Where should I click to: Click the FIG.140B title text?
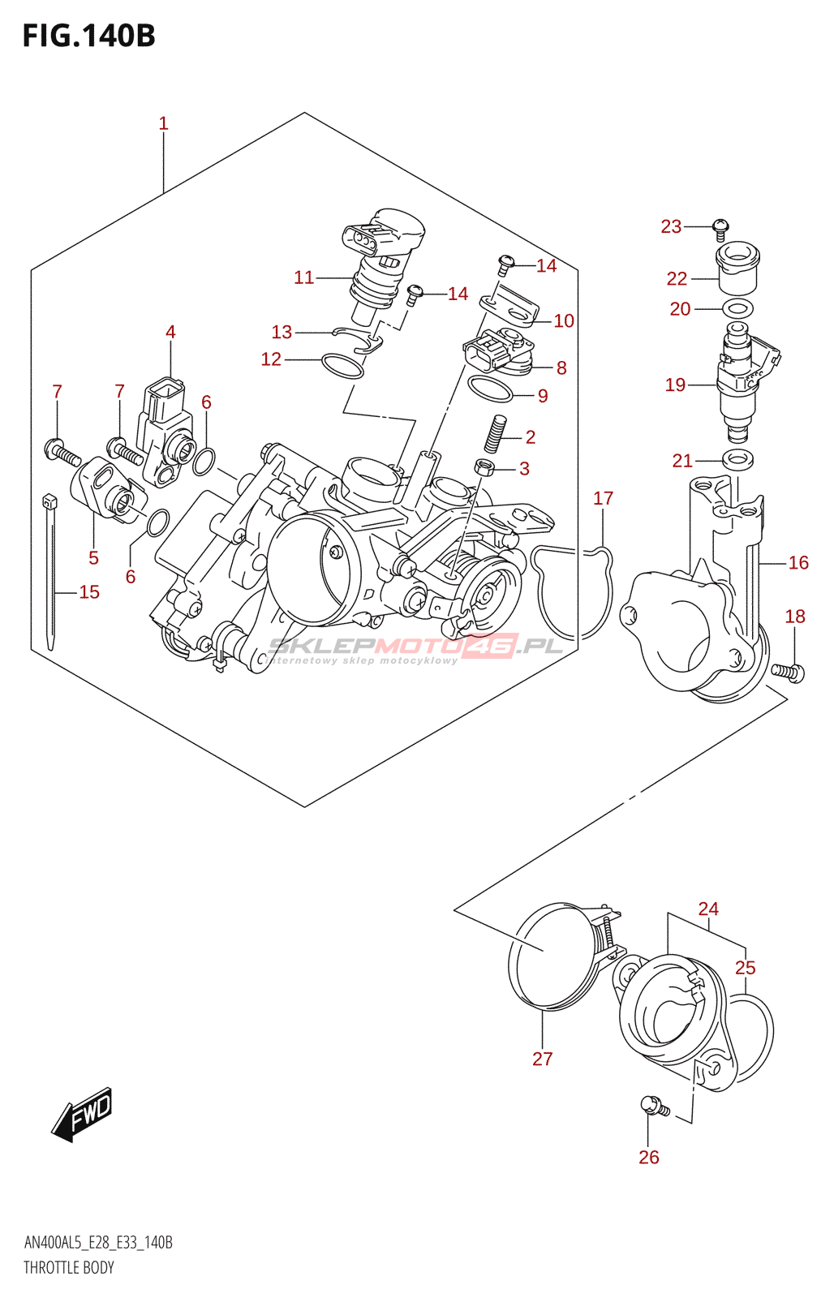coord(88,36)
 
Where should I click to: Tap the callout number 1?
coord(163,123)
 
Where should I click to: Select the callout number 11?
coord(303,277)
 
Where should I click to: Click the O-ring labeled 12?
coord(342,366)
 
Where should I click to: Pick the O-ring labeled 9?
coord(490,389)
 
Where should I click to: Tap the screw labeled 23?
coord(720,230)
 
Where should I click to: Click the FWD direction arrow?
coord(81,1114)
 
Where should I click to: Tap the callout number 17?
coord(603,498)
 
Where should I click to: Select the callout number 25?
coord(746,968)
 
